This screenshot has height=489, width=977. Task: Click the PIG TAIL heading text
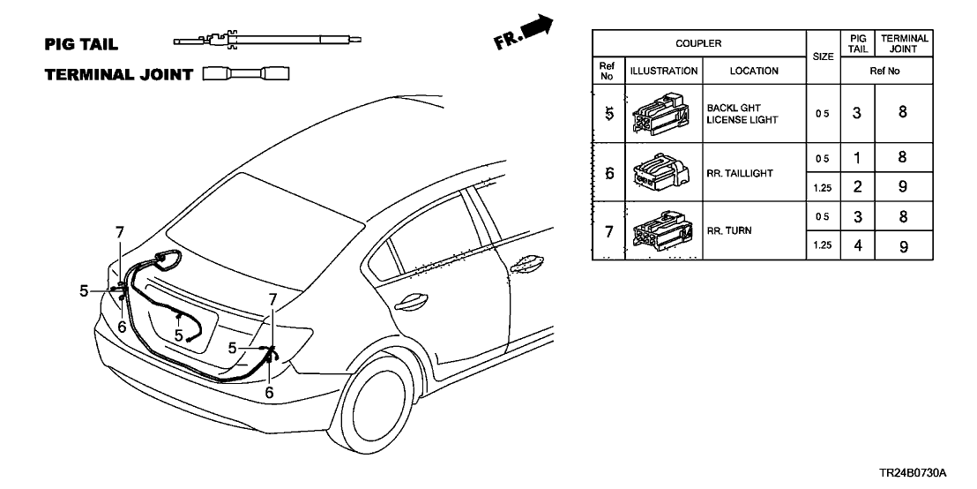click(x=81, y=43)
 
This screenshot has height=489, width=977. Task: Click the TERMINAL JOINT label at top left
click(x=118, y=75)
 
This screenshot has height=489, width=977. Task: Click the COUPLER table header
click(x=698, y=42)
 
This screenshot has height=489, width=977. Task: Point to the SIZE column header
click(x=823, y=56)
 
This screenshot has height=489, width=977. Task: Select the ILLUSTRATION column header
click(x=663, y=71)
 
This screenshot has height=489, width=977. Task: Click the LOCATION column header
click(x=754, y=71)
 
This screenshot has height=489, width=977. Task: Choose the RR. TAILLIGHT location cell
click(x=740, y=173)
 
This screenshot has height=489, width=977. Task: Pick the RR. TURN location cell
click(x=727, y=231)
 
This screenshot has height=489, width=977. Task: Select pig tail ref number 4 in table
click(x=857, y=246)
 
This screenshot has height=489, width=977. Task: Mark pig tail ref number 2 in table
click(x=857, y=186)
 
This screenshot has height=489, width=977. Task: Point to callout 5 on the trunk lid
click(x=179, y=335)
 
